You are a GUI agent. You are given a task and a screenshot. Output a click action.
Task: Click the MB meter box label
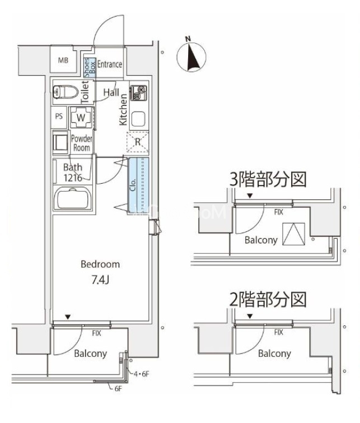click(63, 61)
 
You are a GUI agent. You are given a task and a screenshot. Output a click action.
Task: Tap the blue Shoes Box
click(90, 67)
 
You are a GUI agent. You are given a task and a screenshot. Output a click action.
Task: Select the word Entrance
click(110, 64)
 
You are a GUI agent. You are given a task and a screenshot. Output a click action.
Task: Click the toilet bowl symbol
click(66, 92)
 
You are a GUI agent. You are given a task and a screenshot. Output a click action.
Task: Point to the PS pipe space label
click(59, 117)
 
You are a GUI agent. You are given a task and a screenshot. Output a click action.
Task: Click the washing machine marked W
click(81, 117)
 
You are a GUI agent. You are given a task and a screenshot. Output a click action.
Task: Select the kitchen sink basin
click(139, 119)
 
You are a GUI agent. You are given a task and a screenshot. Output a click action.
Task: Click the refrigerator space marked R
click(138, 142)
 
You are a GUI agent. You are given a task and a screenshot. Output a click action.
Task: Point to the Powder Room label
click(82, 143)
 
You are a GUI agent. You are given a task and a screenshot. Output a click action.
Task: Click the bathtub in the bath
click(73, 198)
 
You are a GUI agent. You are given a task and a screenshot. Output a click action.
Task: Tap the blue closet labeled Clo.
click(138, 185)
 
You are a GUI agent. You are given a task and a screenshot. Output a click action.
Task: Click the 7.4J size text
click(100, 280)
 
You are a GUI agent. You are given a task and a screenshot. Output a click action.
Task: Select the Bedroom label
click(100, 264)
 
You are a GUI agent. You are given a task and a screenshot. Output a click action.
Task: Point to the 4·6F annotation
click(142, 374)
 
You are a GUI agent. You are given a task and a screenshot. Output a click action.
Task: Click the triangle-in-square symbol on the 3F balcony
click(293, 234)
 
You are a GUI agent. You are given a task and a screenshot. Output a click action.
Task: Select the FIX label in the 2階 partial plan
click(279, 332)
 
